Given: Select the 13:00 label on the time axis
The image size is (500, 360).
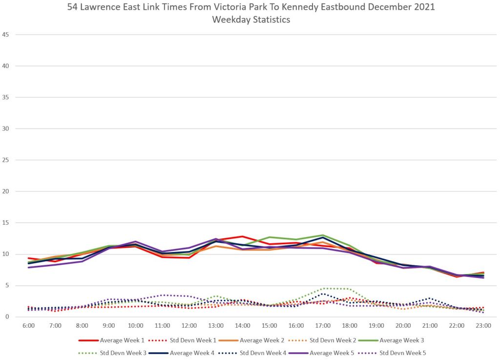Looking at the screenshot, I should click(x=216, y=325).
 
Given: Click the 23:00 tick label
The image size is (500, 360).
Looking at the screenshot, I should click(x=483, y=325).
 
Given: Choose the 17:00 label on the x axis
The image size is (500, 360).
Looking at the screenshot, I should click(x=323, y=325).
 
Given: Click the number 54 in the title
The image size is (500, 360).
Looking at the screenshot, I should click(x=72, y=8).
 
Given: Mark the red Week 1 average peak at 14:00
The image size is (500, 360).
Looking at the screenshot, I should click(x=242, y=236).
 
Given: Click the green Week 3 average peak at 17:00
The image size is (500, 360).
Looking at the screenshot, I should click(x=323, y=235).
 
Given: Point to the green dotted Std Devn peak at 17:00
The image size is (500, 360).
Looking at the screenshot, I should click(x=323, y=288).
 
